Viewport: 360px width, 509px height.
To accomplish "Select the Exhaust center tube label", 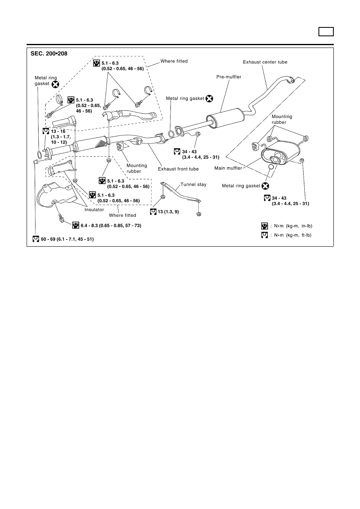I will (265, 62).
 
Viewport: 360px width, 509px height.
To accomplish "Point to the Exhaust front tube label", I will (178, 169).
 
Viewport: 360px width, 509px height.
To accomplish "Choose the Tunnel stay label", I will (193, 184).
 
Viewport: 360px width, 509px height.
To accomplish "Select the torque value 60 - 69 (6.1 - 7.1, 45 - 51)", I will (67, 239).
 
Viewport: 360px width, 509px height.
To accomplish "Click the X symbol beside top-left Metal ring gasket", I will (55, 85).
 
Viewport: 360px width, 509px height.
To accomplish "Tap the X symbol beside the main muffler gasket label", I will (265, 186).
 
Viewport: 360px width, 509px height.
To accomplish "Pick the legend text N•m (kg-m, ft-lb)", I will (293, 235).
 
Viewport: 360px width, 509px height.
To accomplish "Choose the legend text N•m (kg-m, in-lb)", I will (293, 226).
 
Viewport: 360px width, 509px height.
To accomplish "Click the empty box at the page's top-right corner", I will (326, 31).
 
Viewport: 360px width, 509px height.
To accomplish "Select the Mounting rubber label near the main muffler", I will (282, 119).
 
